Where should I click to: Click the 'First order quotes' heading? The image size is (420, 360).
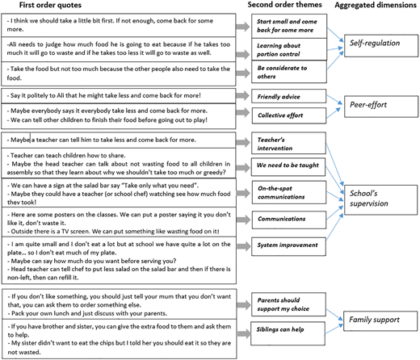[50, 5]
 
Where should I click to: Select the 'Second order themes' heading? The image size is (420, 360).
[284, 5]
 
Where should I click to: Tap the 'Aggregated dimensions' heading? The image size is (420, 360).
[376, 5]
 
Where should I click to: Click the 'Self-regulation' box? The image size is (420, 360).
[381, 45]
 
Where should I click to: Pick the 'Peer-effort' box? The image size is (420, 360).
[381, 107]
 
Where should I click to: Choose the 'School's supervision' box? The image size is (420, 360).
[381, 199]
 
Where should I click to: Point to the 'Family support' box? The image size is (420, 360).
[380, 321]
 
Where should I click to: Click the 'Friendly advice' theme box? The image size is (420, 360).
[288, 96]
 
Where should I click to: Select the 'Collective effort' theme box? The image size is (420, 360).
[289, 115]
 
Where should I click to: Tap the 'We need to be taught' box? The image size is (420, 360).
[288, 167]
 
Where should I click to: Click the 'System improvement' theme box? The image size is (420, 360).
[288, 246]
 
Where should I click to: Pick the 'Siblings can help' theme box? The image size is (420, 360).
[288, 333]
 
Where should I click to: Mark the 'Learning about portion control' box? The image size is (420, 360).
[289, 49]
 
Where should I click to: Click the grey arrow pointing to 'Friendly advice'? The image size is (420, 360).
[243, 95]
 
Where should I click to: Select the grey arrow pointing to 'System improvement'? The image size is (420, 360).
[243, 246]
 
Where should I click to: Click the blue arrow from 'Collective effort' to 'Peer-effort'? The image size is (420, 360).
[334, 113]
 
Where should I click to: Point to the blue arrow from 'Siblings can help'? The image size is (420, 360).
[334, 329]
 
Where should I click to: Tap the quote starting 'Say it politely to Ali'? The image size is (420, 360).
[106, 95]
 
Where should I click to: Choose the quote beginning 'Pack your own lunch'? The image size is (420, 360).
[87, 313]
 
